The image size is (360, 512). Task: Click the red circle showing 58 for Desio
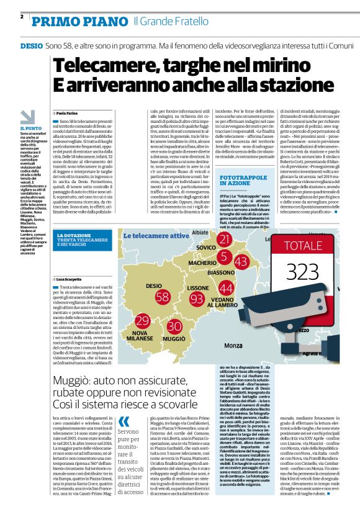point(163,296)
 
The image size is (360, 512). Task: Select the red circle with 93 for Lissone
point(197,300)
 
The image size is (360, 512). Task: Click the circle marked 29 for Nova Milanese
point(143,321)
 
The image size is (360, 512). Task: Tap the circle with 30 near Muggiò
point(174,326)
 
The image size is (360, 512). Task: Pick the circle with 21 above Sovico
point(225,240)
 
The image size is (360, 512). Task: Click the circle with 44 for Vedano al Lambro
point(227,289)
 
